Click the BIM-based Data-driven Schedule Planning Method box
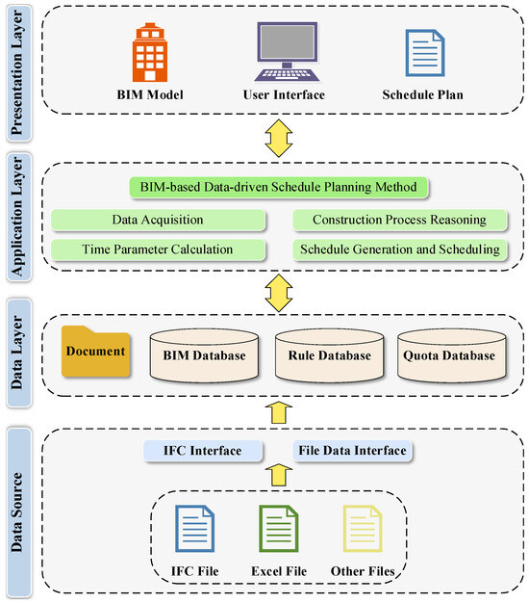point(279,187)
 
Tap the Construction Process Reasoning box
point(398,220)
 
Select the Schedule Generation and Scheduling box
point(398,249)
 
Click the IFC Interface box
point(202,450)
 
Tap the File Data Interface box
point(351,450)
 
